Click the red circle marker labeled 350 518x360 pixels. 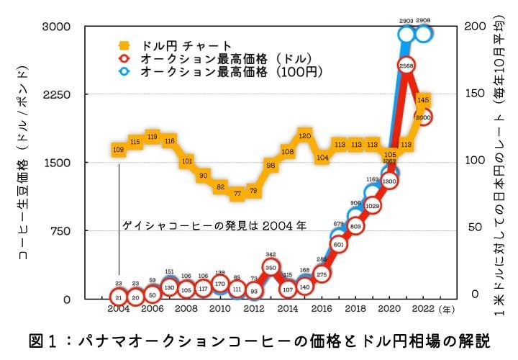(x=271, y=267)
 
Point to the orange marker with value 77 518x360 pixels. (x=237, y=194)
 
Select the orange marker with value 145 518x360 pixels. (x=424, y=99)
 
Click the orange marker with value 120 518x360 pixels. (x=304, y=135)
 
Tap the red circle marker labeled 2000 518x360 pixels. (x=424, y=117)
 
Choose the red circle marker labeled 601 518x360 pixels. (x=340, y=244)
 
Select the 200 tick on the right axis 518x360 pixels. (x=473, y=27)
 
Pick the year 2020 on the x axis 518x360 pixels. (x=389, y=309)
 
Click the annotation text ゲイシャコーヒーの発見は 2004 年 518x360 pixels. (x=214, y=225)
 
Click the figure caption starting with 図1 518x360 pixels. (x=259, y=339)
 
